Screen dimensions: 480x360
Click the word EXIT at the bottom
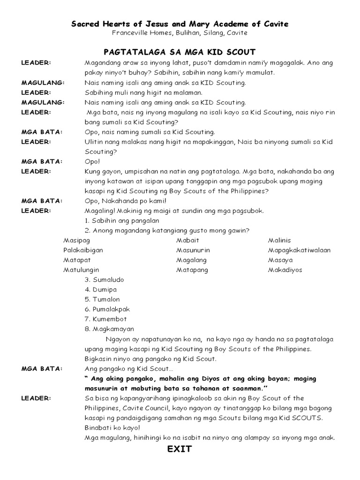pyautogui.click(x=180, y=449)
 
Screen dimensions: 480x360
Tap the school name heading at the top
pyautogui.click(x=180, y=23)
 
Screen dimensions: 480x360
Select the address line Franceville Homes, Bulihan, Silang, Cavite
pyautogui.click(x=180, y=33)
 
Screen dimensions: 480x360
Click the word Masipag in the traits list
pyautogui.click(x=76, y=240)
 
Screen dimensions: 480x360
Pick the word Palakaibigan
pyautogui.click(x=83, y=250)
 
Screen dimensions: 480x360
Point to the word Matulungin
pyautogui.click(x=81, y=270)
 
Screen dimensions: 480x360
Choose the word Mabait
pyautogui.click(x=187, y=240)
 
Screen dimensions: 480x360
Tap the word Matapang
pyautogui.click(x=192, y=270)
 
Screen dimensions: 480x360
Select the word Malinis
pyautogui.click(x=279, y=240)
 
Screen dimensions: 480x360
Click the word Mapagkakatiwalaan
pyautogui.click(x=299, y=250)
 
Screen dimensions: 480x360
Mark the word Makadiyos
pyautogui.click(x=285, y=270)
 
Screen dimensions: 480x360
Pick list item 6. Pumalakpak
pyautogui.click(x=107, y=309)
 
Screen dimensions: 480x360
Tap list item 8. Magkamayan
pyautogui.click(x=109, y=329)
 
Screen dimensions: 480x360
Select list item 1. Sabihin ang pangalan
pyautogui.click(x=122, y=221)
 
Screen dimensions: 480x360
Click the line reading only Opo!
pyautogui.click(x=92, y=161)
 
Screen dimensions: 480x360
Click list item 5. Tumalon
pyautogui.click(x=102, y=300)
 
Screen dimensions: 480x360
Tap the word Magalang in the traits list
pyautogui.click(x=191, y=260)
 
